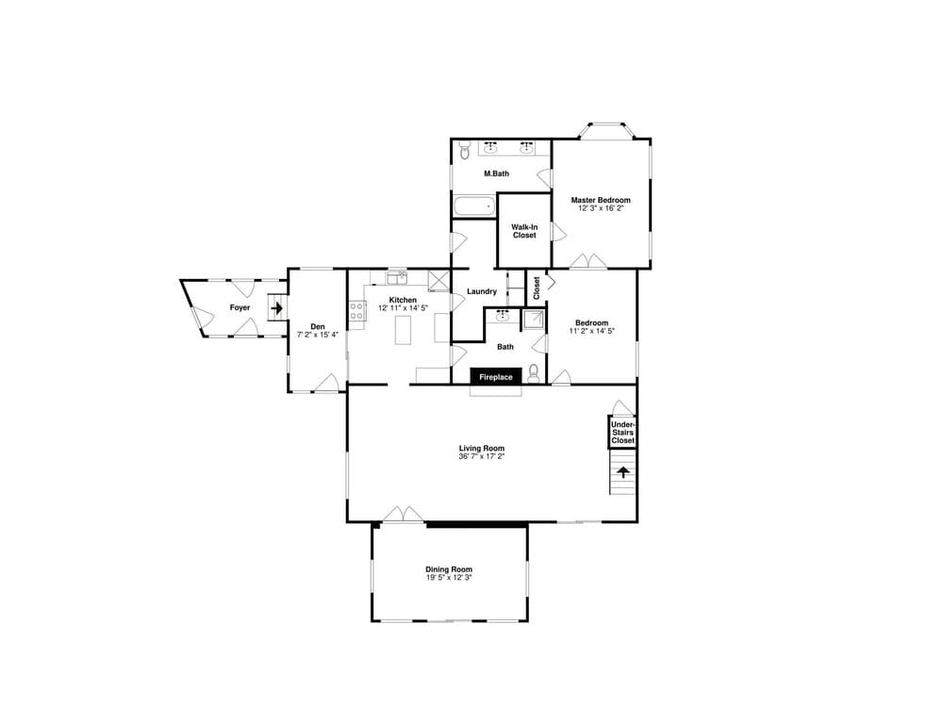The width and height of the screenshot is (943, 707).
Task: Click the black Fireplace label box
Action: click(x=496, y=376)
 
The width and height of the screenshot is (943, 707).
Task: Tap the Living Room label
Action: click(x=481, y=448)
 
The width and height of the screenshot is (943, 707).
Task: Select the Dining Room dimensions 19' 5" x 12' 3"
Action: click(x=449, y=578)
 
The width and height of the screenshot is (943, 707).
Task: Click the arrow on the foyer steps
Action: click(x=276, y=308)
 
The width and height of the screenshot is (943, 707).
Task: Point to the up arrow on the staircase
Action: click(x=623, y=472)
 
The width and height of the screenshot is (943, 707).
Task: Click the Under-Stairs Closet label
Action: click(x=622, y=433)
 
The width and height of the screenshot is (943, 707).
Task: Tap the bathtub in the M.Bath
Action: click(x=474, y=206)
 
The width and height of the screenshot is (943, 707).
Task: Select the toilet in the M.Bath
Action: click(x=464, y=150)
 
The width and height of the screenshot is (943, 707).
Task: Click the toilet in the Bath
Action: click(x=533, y=374)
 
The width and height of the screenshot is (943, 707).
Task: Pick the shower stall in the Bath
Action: click(x=533, y=319)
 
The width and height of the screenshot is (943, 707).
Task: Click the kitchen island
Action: click(x=403, y=329)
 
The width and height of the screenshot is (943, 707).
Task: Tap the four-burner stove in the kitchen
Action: click(x=356, y=310)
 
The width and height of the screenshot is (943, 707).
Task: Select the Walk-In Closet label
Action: click(x=524, y=231)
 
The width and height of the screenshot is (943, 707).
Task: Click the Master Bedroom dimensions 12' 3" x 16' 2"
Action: click(x=601, y=208)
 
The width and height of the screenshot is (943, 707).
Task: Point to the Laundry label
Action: click(x=482, y=291)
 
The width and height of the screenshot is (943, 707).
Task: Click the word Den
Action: click(x=318, y=326)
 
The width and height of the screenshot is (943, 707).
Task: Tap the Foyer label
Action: click(x=240, y=308)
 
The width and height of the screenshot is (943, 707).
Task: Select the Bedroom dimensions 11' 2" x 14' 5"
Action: click(x=592, y=331)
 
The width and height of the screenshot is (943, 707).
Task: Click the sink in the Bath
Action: click(x=503, y=315)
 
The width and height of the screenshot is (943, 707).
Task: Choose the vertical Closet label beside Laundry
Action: click(x=537, y=288)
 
